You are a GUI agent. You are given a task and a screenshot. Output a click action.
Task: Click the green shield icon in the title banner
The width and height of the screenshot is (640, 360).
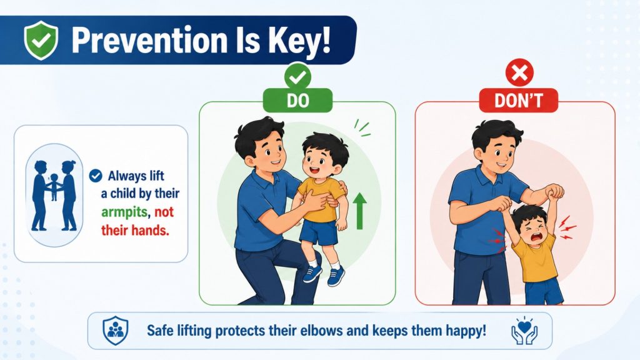pos(41,40)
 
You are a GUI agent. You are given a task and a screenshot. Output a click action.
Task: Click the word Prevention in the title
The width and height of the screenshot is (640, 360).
pos(149,41)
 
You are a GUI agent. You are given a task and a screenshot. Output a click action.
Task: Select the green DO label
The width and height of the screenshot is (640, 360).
pos(297,101)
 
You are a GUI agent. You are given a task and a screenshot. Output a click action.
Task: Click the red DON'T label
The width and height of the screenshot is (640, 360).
pos(518,101)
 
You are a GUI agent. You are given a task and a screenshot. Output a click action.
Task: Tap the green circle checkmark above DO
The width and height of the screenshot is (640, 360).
pos(298,76)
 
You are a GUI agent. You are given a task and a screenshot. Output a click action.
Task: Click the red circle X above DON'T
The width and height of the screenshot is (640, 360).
pos(519,74)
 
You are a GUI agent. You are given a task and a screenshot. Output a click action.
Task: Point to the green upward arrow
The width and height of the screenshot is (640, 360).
pos(359,211)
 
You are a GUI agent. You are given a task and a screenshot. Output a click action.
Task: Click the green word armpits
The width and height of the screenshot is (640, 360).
pos(124,212)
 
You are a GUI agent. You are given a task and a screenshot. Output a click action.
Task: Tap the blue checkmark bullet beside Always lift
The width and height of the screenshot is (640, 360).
pos(96,176)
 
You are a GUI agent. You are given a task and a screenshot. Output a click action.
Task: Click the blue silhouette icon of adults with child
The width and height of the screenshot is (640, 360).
pos(54,196)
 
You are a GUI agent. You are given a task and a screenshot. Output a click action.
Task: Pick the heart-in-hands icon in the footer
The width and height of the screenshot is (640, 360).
pos(524,330)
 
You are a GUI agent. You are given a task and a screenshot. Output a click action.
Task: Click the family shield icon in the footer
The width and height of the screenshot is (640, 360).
pos(116,330)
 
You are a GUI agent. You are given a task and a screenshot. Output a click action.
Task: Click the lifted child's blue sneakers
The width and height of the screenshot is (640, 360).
pos(323,275)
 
